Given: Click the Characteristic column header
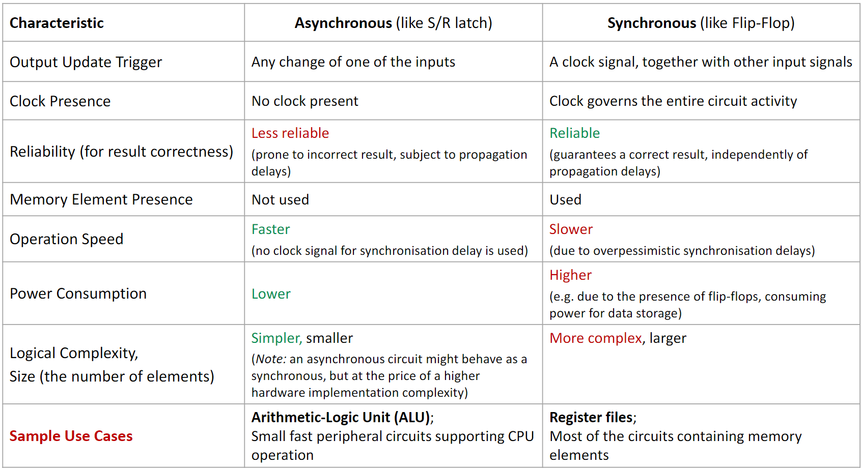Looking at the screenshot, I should click(x=57, y=23).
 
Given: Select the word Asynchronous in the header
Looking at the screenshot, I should click(x=343, y=23).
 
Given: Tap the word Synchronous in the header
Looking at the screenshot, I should click(x=651, y=23).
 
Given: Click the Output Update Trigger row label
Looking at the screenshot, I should click(x=86, y=62).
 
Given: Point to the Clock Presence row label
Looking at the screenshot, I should click(x=60, y=101).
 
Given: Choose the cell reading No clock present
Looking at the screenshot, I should click(x=304, y=101).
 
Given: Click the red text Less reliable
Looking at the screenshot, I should click(x=290, y=133).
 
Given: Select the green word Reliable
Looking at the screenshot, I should click(x=574, y=133).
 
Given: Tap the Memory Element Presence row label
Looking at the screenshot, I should click(x=101, y=199).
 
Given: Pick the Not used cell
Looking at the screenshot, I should click(x=280, y=200).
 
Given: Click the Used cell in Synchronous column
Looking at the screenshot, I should click(x=565, y=200).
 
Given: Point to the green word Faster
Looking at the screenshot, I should click(x=270, y=229).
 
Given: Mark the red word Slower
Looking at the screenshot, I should click(x=571, y=229).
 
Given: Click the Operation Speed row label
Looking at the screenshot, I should click(x=66, y=239).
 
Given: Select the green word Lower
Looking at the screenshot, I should click(x=271, y=294).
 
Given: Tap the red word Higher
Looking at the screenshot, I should click(x=570, y=275).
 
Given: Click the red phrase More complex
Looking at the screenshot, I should click(x=596, y=338).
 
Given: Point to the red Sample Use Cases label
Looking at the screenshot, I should click(x=71, y=436).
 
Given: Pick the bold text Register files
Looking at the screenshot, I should click(x=591, y=418).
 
